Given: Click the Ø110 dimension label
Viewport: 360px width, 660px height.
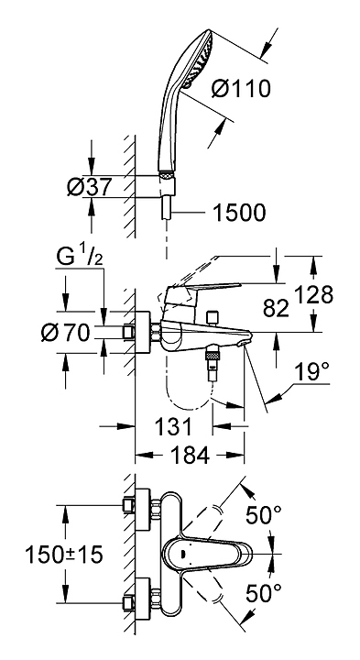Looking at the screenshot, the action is pos(241,89).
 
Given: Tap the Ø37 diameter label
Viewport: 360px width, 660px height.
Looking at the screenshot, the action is pos(89,186).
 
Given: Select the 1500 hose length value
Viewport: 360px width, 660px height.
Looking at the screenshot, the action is pos(239,213).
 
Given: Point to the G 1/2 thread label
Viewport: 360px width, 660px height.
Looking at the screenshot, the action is pos(79,258).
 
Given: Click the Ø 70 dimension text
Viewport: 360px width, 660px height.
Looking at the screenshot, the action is pos(66,333).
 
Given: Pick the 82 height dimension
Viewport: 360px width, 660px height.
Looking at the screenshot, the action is pos(276,308).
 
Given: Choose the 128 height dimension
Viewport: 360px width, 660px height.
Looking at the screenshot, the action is pos(313,294).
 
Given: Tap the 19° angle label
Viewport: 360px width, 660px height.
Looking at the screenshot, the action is pos(312,371).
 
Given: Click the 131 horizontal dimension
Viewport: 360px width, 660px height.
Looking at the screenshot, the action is pos(173,427).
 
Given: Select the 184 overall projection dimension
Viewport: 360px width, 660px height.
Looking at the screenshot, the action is pos(190,455).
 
